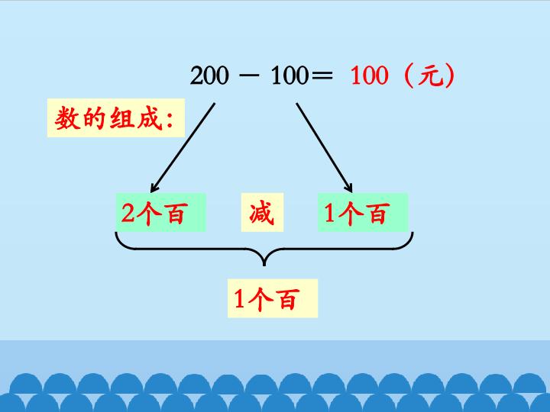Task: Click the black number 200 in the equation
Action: tap(209, 76)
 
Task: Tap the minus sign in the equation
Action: tap(249, 75)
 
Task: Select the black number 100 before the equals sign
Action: tap(290, 76)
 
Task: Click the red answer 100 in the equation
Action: tap(370, 76)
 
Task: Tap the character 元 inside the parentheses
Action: tap(429, 76)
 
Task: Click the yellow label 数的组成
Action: tap(116, 117)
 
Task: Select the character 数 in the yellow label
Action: tap(66, 118)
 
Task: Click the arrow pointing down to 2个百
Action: tap(183, 147)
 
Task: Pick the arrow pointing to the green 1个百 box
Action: tap(324, 147)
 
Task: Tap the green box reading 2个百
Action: tap(160, 212)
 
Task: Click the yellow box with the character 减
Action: tap(262, 212)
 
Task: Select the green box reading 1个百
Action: tap(363, 212)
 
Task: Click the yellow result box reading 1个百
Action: tap(273, 298)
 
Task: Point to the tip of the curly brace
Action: tap(264, 266)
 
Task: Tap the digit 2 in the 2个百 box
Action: tap(128, 213)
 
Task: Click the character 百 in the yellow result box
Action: tap(288, 299)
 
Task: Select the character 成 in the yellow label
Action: tap(150, 118)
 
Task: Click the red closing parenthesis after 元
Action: tap(449, 76)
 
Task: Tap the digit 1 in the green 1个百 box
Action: tap(329, 213)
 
